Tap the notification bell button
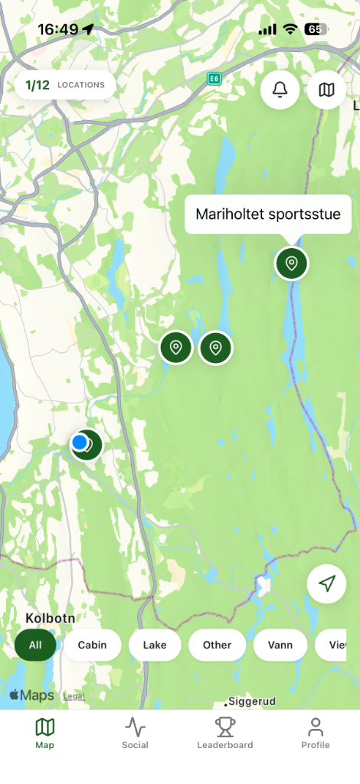280,90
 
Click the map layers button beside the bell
326,90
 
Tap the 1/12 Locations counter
65,85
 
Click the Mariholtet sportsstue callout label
267,214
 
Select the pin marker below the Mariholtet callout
291,263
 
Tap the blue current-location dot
80,442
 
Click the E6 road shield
214,78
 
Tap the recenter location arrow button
326,584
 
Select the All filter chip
35,645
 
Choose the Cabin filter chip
92,645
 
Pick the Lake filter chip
154,645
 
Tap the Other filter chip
217,645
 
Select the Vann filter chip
280,645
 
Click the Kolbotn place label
49,618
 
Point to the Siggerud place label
252,701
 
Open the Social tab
135,733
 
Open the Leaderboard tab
224,733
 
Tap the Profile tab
315,733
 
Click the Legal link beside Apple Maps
74,696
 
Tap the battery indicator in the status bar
315,29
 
